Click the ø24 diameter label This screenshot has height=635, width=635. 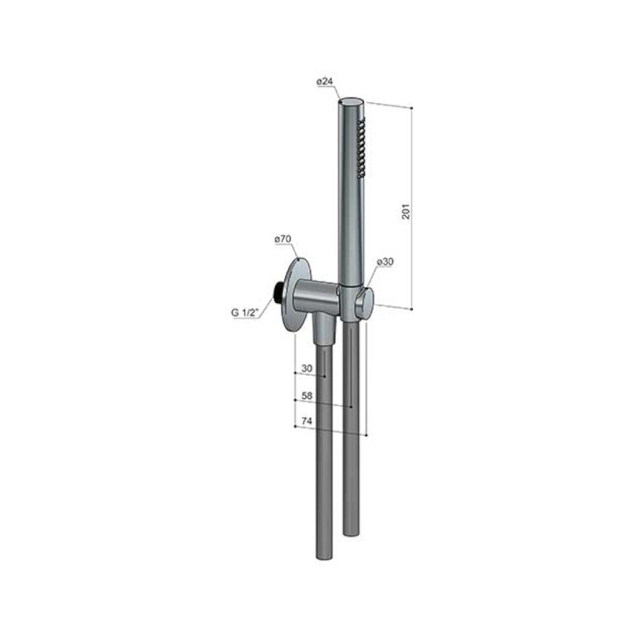(324, 82)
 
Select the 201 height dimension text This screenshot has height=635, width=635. (405, 211)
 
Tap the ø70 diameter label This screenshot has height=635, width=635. (283, 239)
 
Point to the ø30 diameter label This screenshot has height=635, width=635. (385, 262)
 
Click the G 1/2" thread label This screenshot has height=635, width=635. (245, 312)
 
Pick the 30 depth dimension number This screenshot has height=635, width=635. (307, 368)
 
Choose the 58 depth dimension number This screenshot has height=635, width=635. (307, 395)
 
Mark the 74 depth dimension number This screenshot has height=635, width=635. (307, 422)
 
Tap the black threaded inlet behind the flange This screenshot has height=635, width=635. (278, 291)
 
